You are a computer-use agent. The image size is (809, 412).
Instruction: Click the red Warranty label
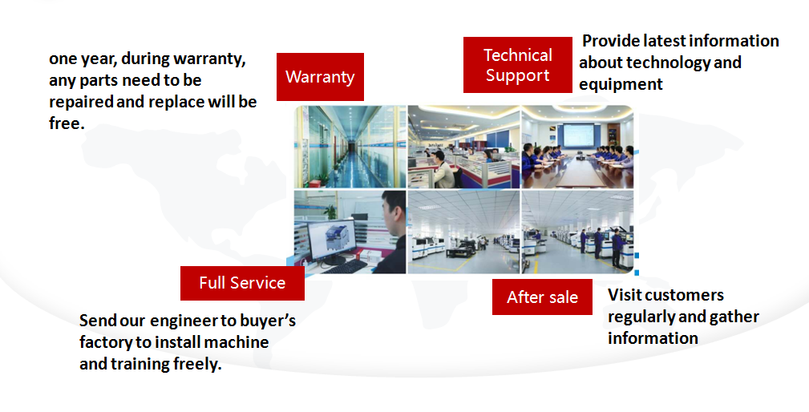pos(320,77)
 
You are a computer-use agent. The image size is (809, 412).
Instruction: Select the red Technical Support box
pos(517,65)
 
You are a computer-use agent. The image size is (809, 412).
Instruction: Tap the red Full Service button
pos(242,283)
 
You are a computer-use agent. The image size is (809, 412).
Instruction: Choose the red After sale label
pos(542,297)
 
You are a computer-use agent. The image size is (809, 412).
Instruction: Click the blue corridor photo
pos(350,147)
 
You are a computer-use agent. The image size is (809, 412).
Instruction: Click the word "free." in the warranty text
pos(67,123)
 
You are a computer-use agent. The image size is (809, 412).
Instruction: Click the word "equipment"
pos(621,85)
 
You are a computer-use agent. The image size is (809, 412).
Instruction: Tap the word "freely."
pos(197,364)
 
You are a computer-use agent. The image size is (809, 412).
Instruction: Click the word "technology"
pos(668,63)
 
